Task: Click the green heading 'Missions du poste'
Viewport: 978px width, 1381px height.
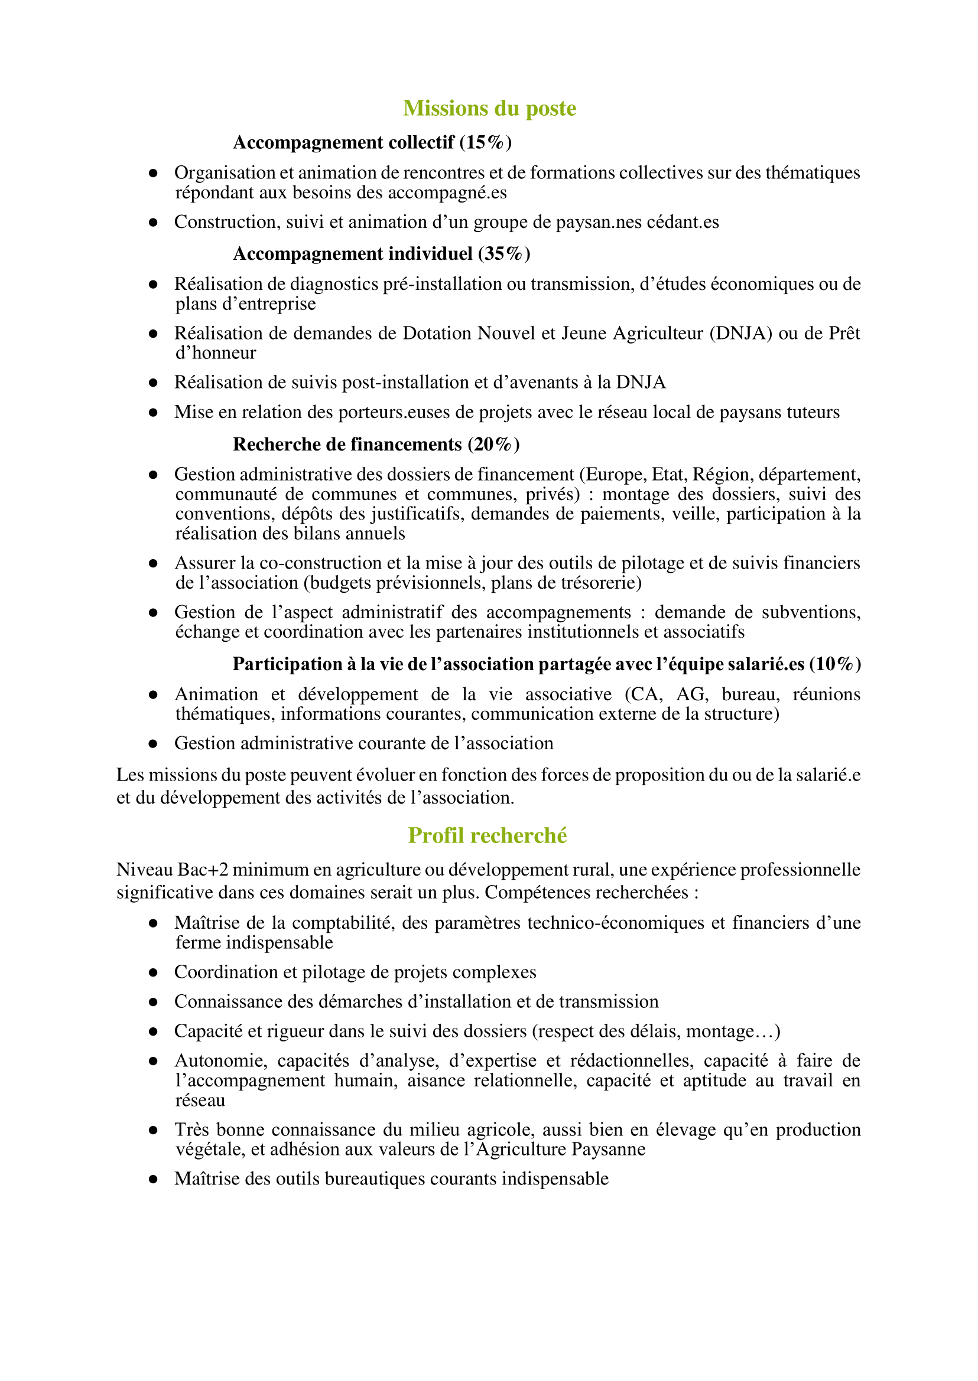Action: pyautogui.click(x=489, y=108)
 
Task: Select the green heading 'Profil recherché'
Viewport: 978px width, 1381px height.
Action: pyautogui.click(x=487, y=835)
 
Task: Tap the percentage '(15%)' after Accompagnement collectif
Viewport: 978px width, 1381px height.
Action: pyautogui.click(x=485, y=143)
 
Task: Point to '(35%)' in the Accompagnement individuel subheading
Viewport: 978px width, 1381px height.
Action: pyautogui.click(x=504, y=254)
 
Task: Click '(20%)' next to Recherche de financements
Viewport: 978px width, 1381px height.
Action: pyautogui.click(x=493, y=444)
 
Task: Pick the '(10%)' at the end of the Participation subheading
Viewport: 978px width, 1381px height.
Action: pyautogui.click(x=834, y=664)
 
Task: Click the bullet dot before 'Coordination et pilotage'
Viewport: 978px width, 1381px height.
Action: pyautogui.click(x=154, y=972)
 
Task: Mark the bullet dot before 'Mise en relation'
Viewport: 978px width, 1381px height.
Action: pyautogui.click(x=154, y=413)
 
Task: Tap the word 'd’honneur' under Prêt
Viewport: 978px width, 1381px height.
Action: pyautogui.click(x=216, y=353)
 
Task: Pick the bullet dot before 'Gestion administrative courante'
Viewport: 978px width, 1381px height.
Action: pyautogui.click(x=154, y=744)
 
